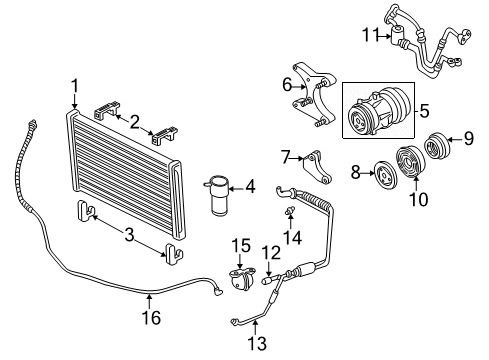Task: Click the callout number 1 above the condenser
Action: [74, 86]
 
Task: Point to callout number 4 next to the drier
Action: [250, 186]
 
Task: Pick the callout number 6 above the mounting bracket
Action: [286, 84]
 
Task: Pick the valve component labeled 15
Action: [239, 281]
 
